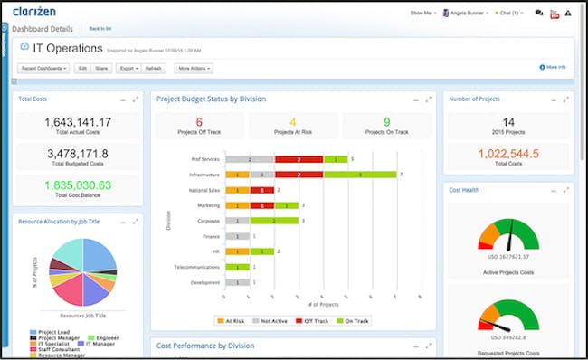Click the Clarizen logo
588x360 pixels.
34,12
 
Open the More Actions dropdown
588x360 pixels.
195,68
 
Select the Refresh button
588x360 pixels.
153,68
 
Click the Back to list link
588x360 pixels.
100,29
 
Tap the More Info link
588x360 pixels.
554,67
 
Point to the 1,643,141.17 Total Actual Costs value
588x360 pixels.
77,121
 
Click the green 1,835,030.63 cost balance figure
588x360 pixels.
77,185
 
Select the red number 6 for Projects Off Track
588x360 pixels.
199,122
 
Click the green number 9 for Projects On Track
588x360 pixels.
386,122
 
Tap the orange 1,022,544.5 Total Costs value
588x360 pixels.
508,154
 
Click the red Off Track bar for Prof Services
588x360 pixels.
297,158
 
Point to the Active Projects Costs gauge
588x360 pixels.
508,238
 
